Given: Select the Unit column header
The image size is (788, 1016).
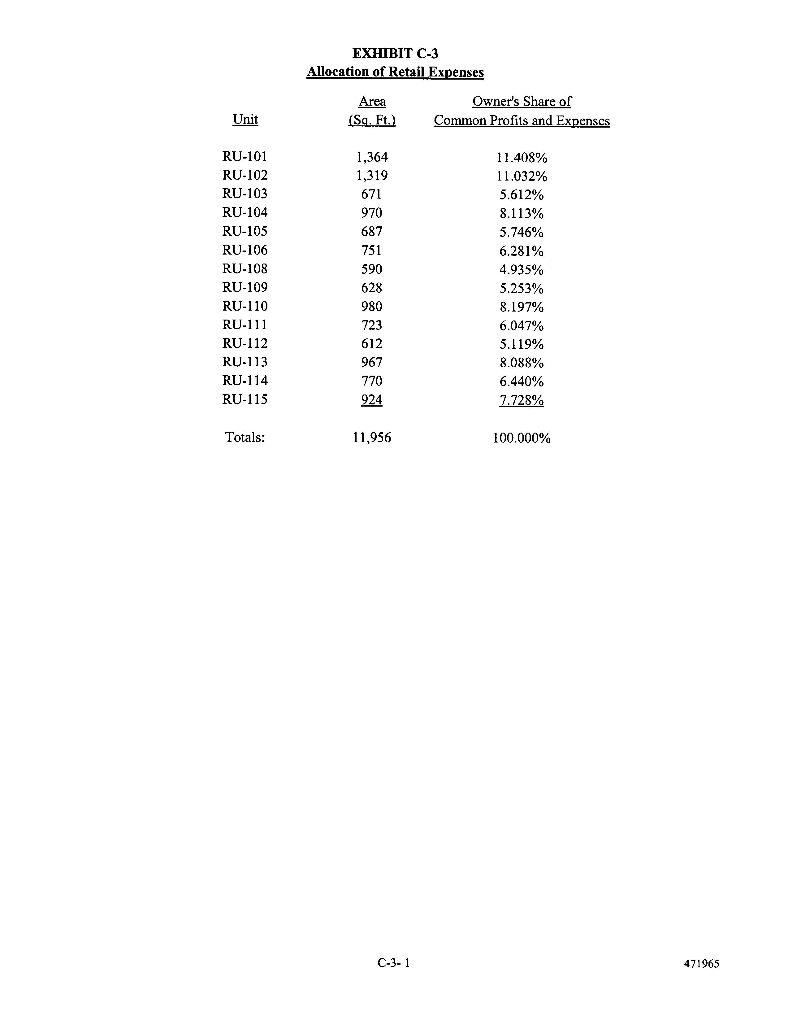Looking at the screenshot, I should pyautogui.click(x=245, y=120).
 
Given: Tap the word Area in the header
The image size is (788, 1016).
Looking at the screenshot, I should pyautogui.click(x=372, y=101).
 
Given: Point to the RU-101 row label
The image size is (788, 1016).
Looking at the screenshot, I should pyautogui.click(x=245, y=156).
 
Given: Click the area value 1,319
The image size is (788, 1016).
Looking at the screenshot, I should pyautogui.click(x=372, y=175).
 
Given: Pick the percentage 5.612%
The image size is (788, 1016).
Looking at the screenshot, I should pyautogui.click(x=521, y=194).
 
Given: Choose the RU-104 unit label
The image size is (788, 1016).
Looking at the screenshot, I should pyautogui.click(x=245, y=213).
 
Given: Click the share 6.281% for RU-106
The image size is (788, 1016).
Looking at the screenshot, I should pyautogui.click(x=521, y=251).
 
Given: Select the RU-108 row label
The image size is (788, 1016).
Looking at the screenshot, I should pyautogui.click(x=245, y=269).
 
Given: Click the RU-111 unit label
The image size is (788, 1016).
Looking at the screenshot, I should pyautogui.click(x=245, y=325).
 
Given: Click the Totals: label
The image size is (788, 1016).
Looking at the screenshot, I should pyautogui.click(x=245, y=437).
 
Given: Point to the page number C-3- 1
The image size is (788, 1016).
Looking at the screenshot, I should pyautogui.click(x=394, y=962).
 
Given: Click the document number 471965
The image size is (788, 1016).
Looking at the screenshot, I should pyautogui.click(x=702, y=963).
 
